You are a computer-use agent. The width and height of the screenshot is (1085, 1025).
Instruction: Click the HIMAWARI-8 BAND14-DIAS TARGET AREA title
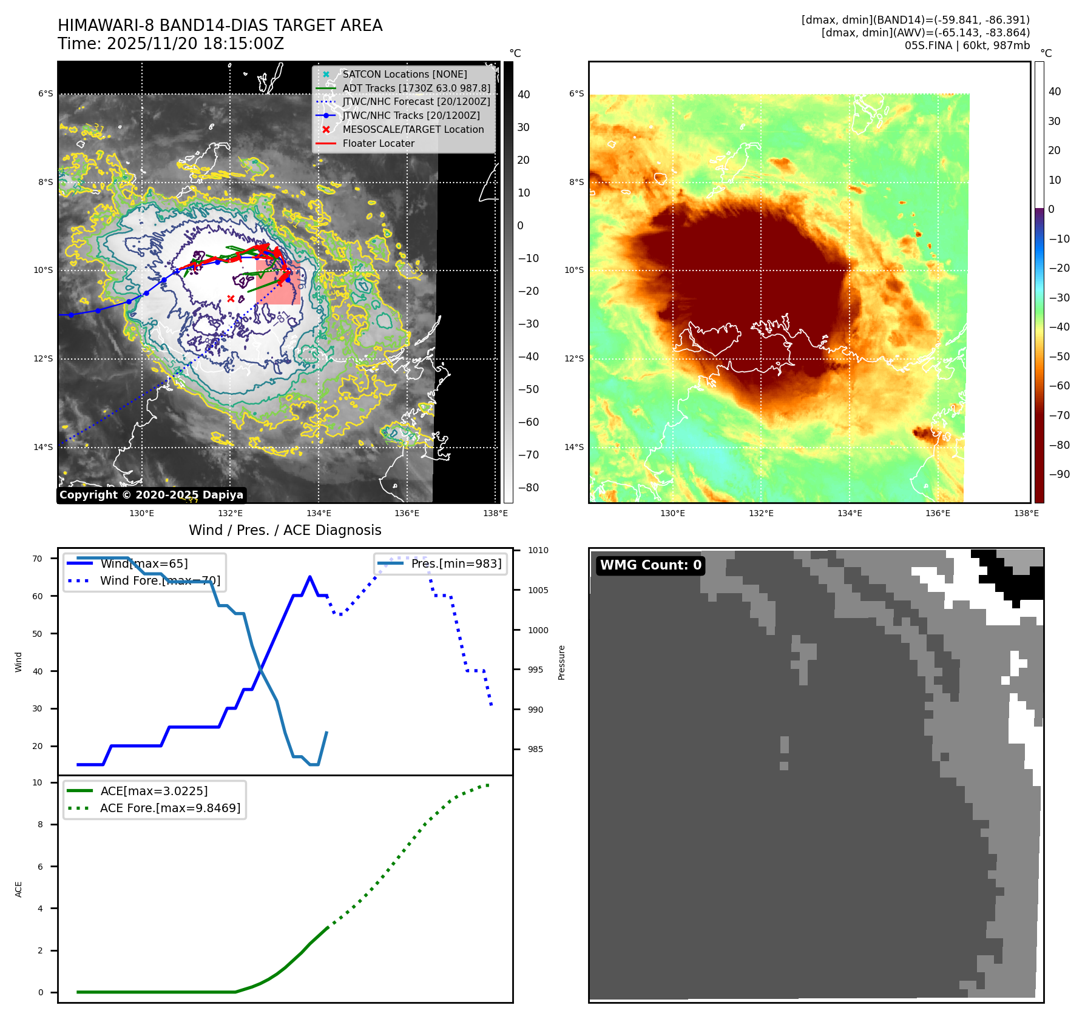[220, 25]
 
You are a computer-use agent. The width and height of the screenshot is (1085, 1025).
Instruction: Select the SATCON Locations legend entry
[404, 74]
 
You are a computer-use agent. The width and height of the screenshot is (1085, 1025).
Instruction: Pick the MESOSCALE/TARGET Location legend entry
[413, 129]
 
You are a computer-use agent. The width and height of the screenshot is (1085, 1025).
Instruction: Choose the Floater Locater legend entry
[378, 143]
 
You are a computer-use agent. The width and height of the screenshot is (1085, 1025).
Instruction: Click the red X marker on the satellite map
[231, 298]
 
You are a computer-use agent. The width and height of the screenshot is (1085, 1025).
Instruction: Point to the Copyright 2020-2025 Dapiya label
[151, 495]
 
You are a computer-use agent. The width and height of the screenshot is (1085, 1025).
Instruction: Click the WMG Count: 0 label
[650, 565]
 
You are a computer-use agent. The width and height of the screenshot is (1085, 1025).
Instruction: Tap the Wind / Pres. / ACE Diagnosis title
[285, 530]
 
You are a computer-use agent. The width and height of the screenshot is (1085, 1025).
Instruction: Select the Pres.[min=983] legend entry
[456, 563]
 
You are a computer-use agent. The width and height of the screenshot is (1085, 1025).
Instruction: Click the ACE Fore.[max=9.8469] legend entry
[170, 808]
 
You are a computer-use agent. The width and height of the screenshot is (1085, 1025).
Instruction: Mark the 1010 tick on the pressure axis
[538, 550]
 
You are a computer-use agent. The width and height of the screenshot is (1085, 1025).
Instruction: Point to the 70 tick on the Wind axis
[38, 559]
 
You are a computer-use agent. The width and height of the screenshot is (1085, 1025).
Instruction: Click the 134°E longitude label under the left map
[319, 513]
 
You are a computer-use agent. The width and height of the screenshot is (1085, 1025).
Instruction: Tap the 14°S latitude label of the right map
[574, 447]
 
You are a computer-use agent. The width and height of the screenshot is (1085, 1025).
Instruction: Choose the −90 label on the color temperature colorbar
[1060, 474]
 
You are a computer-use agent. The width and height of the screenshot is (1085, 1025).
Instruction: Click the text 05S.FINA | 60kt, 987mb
[967, 45]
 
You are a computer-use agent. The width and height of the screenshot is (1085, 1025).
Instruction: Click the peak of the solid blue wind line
[309, 577]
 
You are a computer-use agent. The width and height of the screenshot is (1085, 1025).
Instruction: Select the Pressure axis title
[561, 662]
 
